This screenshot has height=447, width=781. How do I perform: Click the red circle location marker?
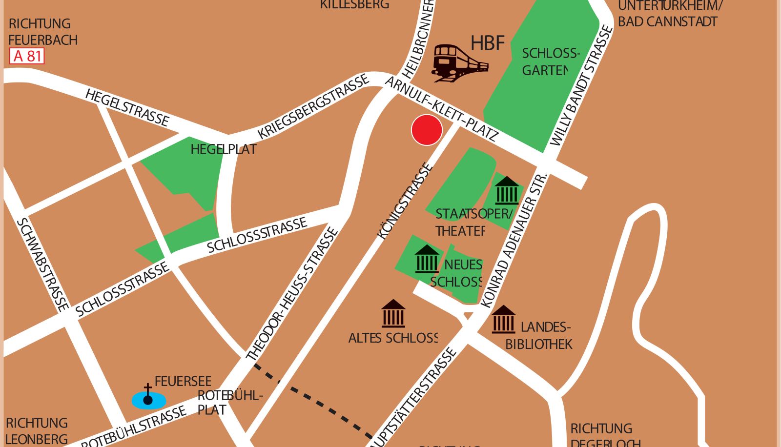pos(427,130)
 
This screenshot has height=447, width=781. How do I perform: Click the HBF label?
pos(487,43)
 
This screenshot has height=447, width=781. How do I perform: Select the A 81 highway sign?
pos(27,56)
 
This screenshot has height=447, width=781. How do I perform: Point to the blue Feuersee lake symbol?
pos(148,401)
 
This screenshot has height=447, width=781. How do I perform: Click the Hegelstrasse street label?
pos(127,107)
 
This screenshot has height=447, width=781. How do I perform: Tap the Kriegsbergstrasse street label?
pos(313,107)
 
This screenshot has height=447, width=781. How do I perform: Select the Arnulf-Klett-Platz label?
pos(442,109)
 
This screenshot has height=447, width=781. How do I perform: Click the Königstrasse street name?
pos(405,201)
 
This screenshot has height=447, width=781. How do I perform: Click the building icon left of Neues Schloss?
pos(427,259)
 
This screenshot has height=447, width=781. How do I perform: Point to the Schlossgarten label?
pos(550,61)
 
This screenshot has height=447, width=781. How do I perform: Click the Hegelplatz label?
pos(223,149)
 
